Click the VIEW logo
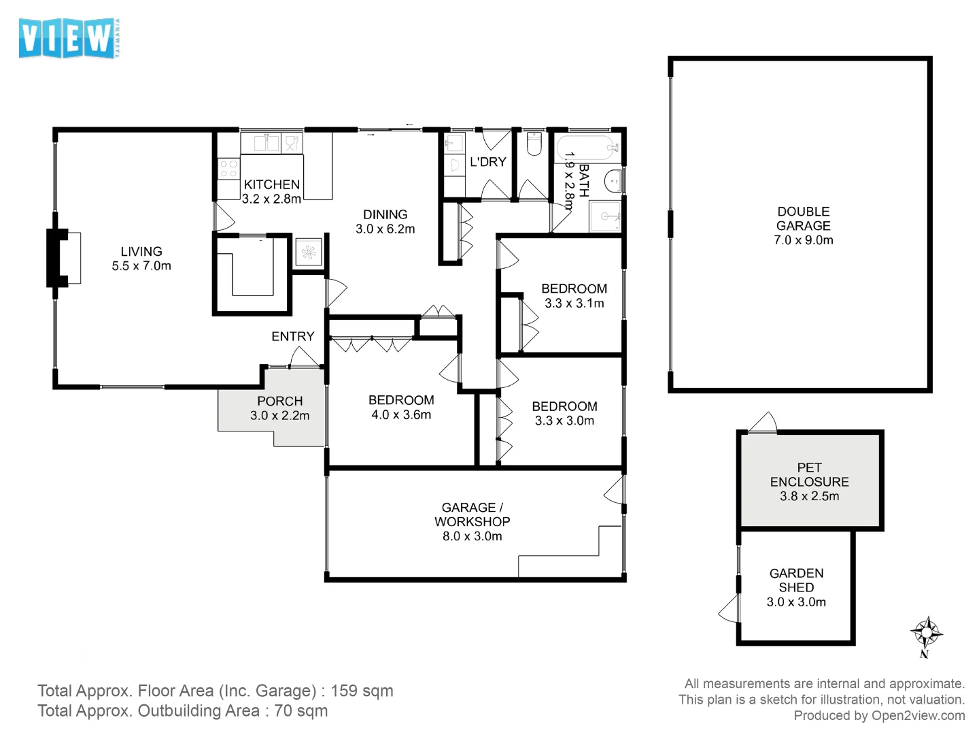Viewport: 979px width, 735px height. coord(68,38)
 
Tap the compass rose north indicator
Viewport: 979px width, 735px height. coord(926,635)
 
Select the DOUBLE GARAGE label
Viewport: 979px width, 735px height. coord(803,225)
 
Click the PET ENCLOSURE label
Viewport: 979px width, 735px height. coord(809,481)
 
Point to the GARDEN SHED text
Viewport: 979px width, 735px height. coord(796,581)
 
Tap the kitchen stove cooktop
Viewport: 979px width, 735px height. coord(228,168)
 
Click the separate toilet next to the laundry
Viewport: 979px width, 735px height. coord(534,144)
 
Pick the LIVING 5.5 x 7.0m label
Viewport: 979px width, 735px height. coord(141,259)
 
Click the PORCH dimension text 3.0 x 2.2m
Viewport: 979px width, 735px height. coord(279,416)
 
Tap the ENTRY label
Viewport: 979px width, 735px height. coord(292,336)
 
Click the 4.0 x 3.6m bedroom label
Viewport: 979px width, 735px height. coord(401,414)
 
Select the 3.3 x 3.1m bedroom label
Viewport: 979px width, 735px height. coord(574,304)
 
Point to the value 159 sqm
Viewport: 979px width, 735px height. coord(362,691)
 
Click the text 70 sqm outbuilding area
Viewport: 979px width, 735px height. coord(300,711)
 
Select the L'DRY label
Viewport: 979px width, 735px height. coord(488,162)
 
